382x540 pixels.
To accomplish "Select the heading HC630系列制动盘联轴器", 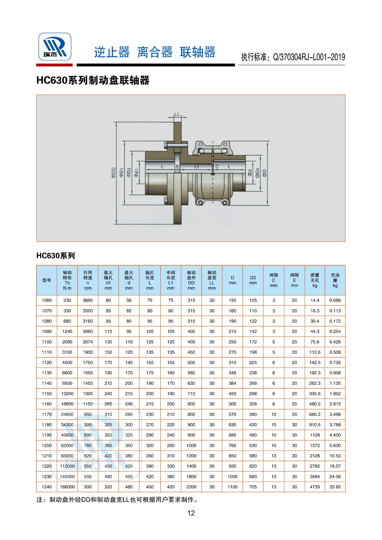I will (93, 80).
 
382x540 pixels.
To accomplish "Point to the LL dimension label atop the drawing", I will (177, 115).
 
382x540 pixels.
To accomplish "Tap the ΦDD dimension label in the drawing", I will (113, 172).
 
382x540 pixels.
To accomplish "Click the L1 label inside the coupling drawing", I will (197, 167).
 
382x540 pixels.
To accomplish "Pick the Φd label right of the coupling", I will (250, 173).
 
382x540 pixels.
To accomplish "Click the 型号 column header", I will (47, 280).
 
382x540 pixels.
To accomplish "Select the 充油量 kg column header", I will (335, 280).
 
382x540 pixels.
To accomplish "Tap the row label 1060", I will (47, 300).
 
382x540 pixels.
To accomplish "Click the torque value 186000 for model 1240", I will (67, 487).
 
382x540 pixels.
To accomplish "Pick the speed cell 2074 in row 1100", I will (87, 342).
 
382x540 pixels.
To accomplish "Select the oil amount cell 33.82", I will (335, 487).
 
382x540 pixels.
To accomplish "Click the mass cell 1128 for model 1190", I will (314, 435).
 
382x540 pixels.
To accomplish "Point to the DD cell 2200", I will (191, 487).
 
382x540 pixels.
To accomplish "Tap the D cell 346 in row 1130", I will (232, 373).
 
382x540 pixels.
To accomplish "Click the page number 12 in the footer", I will (191, 513).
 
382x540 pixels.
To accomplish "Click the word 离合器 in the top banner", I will (155, 53).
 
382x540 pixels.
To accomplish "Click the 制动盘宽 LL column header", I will (212, 280).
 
